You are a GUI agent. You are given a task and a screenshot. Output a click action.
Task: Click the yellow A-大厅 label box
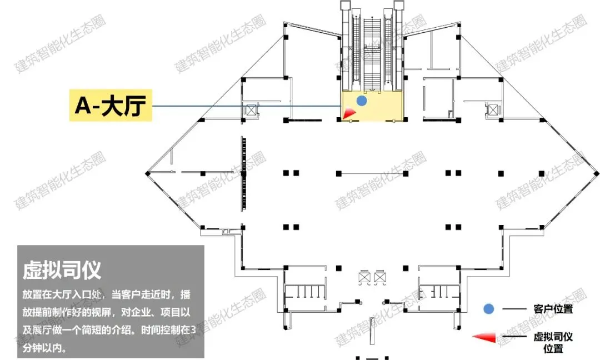[x=111, y=106]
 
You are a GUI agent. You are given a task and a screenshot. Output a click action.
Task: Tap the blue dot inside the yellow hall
[x=362, y=101]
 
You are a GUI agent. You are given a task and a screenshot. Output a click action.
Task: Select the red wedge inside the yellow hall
[x=349, y=113]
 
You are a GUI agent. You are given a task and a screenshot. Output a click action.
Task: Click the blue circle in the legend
[x=488, y=309]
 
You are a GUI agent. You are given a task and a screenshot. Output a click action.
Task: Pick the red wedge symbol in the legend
[x=484, y=337]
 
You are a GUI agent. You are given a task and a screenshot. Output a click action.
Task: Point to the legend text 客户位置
[x=553, y=309]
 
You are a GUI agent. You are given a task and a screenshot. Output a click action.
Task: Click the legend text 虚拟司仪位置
[x=553, y=342]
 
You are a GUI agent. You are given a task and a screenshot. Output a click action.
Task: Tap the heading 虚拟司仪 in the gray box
[x=62, y=271]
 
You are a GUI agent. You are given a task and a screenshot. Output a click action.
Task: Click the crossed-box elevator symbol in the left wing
[x=251, y=109]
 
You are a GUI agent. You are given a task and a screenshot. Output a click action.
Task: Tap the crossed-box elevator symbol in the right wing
[x=492, y=109]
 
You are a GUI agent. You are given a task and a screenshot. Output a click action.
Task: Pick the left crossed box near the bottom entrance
[x=365, y=277]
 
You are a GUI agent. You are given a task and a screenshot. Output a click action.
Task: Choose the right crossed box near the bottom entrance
[x=380, y=277]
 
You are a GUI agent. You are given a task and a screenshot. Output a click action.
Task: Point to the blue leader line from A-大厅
[x=244, y=106]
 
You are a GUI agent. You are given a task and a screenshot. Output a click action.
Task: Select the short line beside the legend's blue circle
[x=513, y=309]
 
